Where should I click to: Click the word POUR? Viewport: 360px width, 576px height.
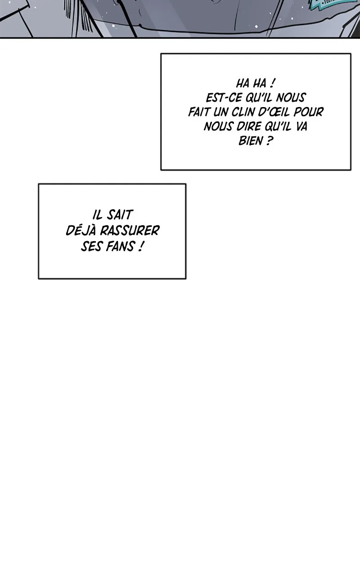pos(309,112)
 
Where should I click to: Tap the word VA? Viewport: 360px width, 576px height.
pos(301,126)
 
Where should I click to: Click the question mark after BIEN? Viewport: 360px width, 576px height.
pos(269,141)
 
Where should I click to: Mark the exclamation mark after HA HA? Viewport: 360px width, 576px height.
pos(272,83)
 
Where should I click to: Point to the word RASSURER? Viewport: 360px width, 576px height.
pos(130,230)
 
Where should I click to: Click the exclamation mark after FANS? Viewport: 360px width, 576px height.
pos(140,246)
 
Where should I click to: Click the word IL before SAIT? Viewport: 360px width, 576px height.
pos(98,215)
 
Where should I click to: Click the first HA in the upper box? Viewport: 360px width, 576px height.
pos(243,83)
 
